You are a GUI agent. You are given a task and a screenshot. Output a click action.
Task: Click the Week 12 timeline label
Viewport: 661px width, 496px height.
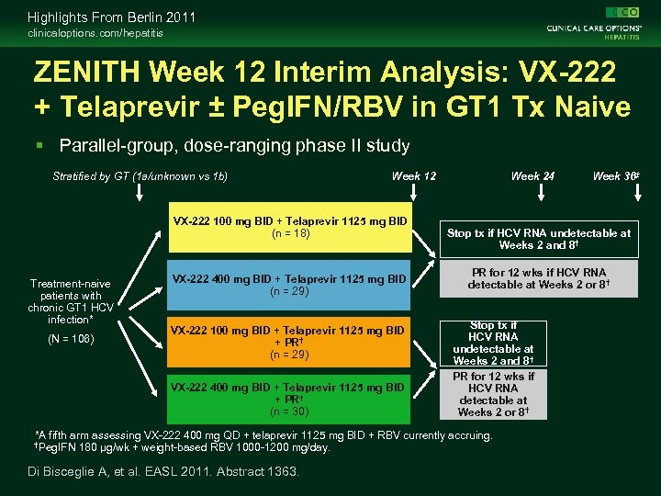414,176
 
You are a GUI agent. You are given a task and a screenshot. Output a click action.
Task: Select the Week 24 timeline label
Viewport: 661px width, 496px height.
532,176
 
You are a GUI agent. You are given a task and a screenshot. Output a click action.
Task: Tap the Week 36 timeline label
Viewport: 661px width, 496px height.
615,176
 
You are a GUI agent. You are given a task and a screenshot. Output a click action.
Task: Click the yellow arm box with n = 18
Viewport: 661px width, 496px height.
289,227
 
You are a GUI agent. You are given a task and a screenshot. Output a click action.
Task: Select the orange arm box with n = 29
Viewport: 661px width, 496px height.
289,342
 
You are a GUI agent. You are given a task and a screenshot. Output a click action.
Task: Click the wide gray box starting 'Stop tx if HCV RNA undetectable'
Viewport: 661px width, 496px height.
539,239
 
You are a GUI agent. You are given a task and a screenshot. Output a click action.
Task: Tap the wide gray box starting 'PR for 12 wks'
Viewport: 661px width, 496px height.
539,279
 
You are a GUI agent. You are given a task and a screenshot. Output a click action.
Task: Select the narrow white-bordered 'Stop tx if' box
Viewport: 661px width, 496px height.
493,344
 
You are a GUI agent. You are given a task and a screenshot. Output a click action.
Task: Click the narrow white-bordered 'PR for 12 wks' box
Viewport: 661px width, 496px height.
493,394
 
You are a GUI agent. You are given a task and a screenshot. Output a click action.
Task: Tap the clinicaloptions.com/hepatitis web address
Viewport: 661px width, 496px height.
95,33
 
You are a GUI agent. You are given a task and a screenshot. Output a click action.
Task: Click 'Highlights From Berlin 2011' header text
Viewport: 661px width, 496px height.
111,17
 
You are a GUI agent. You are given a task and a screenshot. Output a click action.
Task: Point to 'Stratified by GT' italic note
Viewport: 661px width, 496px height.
140,176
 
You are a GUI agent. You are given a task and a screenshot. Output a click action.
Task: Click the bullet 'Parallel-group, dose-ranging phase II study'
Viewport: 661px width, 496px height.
234,145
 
